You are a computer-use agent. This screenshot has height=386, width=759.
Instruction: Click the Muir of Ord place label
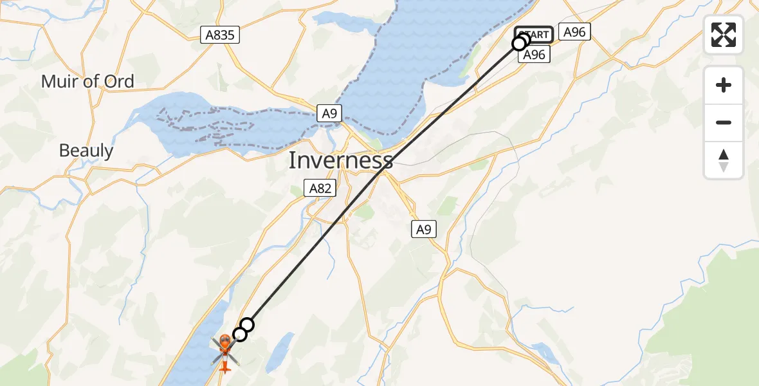point(87,82)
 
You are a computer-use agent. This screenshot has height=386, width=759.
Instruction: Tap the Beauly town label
point(86,151)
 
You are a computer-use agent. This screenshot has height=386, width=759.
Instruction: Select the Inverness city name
point(340,160)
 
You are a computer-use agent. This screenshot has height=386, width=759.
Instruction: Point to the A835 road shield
point(219,35)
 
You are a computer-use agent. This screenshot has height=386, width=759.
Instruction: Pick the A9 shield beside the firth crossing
point(329,114)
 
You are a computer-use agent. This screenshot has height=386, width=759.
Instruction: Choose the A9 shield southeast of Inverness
point(423,228)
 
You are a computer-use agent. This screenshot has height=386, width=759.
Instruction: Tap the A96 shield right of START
point(574,32)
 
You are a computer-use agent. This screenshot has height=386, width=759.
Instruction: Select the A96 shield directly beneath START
point(534,55)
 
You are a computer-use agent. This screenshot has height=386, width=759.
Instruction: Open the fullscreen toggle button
point(724,35)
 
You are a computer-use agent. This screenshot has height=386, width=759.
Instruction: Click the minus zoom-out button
point(724,122)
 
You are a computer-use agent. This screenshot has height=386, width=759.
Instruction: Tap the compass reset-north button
point(724,160)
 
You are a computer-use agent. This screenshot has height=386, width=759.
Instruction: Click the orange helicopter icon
point(224,351)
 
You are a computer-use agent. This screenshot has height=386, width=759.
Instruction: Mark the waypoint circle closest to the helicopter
point(239,335)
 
